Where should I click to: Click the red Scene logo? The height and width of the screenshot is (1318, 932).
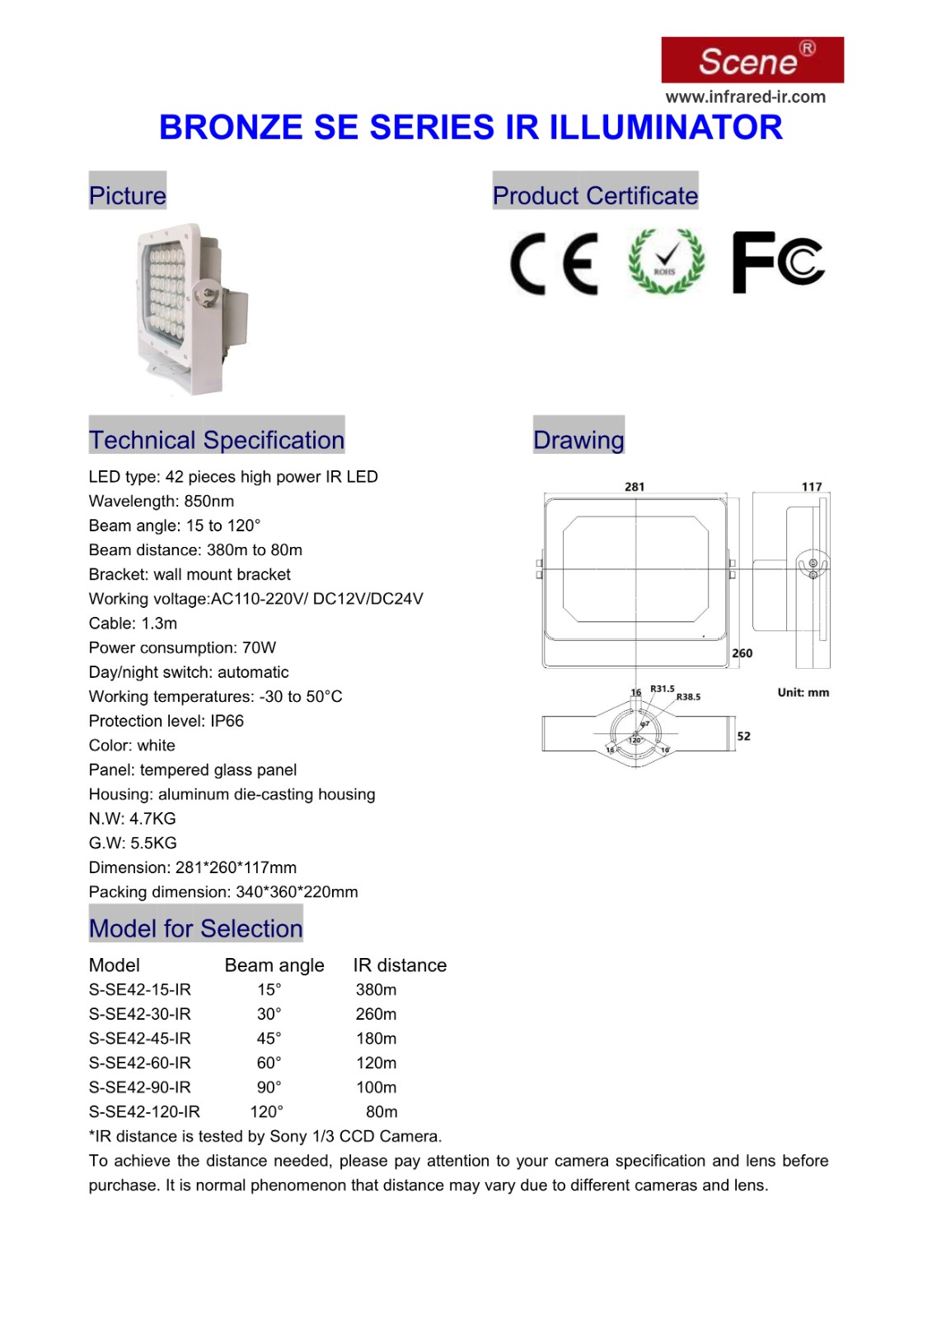point(752,60)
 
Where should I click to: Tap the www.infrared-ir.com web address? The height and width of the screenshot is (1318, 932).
point(745,97)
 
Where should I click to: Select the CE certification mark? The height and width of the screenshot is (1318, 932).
point(554,264)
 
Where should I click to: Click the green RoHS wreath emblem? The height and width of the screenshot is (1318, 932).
point(666,262)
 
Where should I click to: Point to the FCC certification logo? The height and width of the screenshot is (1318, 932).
point(778,262)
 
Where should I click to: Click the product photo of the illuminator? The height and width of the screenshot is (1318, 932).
point(191,309)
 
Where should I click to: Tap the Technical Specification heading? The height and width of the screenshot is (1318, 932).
point(217,440)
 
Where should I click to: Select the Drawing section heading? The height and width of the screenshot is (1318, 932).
point(578,440)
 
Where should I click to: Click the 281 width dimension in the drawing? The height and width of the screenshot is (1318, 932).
point(635,487)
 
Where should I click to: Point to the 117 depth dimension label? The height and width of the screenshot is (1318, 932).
point(812,487)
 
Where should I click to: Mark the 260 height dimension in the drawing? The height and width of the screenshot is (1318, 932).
point(742,653)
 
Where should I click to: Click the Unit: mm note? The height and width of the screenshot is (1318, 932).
point(803,693)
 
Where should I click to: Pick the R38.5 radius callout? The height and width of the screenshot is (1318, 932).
point(688,697)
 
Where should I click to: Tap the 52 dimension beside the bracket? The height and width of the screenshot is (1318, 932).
point(744,736)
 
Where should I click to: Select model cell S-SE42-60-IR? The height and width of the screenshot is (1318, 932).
point(140,1063)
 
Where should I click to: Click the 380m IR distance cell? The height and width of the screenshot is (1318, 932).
point(376,989)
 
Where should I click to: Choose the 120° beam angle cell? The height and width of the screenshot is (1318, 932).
point(267,1112)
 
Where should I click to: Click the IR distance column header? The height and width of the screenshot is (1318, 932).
point(400,965)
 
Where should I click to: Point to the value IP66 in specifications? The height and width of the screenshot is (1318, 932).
point(227,721)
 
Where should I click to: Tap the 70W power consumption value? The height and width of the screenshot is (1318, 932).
point(259,647)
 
